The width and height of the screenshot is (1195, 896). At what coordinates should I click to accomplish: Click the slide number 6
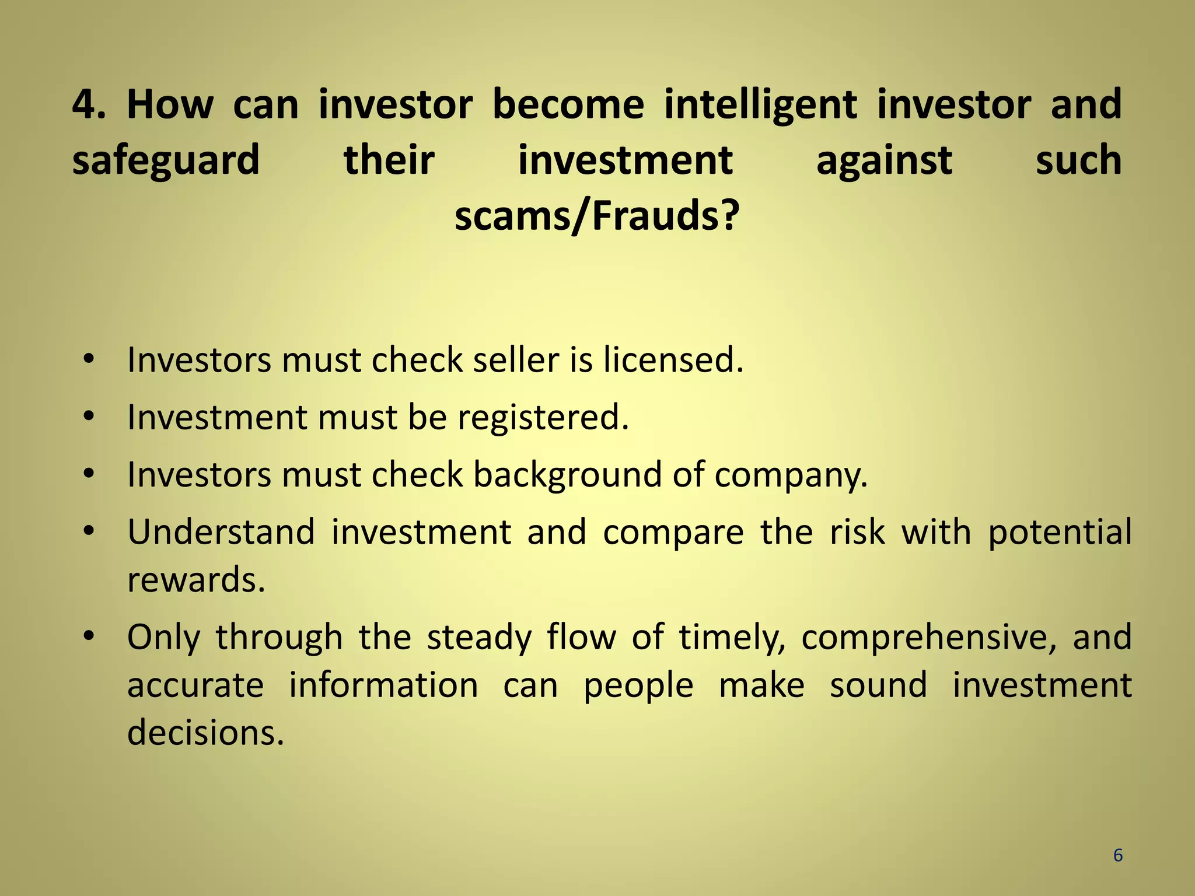1118,855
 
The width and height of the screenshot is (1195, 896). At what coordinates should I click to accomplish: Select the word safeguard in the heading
166,160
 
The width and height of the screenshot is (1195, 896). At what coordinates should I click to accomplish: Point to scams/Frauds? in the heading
597,216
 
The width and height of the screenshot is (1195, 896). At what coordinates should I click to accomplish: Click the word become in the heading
568,105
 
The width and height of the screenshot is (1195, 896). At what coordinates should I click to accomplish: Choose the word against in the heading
884,160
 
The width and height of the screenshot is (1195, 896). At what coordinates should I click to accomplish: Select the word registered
543,417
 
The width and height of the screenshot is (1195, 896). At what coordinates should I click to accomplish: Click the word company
791,475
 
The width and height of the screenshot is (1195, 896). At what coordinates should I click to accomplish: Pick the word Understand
221,531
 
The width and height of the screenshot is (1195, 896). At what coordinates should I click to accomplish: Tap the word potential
1060,531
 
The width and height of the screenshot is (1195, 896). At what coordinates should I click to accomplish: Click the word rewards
196,579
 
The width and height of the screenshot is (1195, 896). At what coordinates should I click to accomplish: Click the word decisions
205,732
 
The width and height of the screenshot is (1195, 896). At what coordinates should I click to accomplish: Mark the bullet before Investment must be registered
89,417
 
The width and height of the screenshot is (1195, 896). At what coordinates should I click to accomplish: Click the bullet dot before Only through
89,636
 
